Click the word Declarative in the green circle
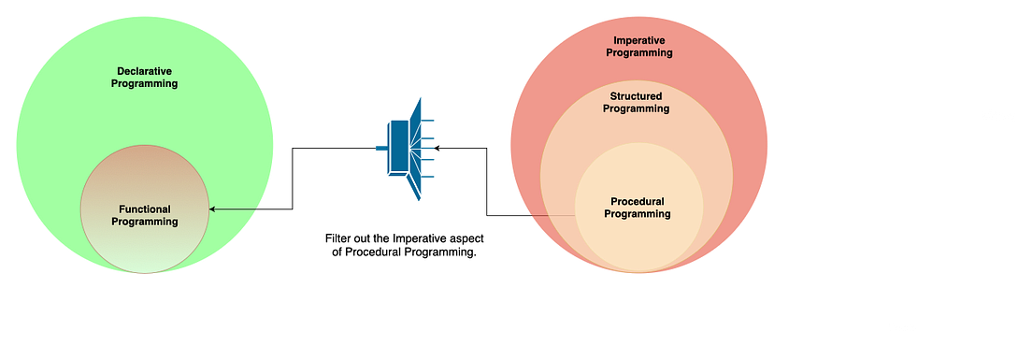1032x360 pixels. [144, 71]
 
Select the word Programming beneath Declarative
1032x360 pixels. [144, 84]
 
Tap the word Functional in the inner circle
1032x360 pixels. [144, 209]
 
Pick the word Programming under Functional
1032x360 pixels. [144, 222]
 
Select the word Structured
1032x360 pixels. [636, 96]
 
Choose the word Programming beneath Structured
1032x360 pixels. [636, 109]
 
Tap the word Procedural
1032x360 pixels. [638, 201]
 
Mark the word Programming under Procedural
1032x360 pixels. [638, 214]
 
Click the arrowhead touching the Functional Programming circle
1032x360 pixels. [213, 209]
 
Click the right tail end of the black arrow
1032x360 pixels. [257, 209]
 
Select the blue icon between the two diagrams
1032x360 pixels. [408, 148]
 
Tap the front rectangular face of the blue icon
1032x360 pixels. [399, 148]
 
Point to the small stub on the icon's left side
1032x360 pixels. [380, 148]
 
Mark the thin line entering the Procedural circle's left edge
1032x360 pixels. [552, 217]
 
